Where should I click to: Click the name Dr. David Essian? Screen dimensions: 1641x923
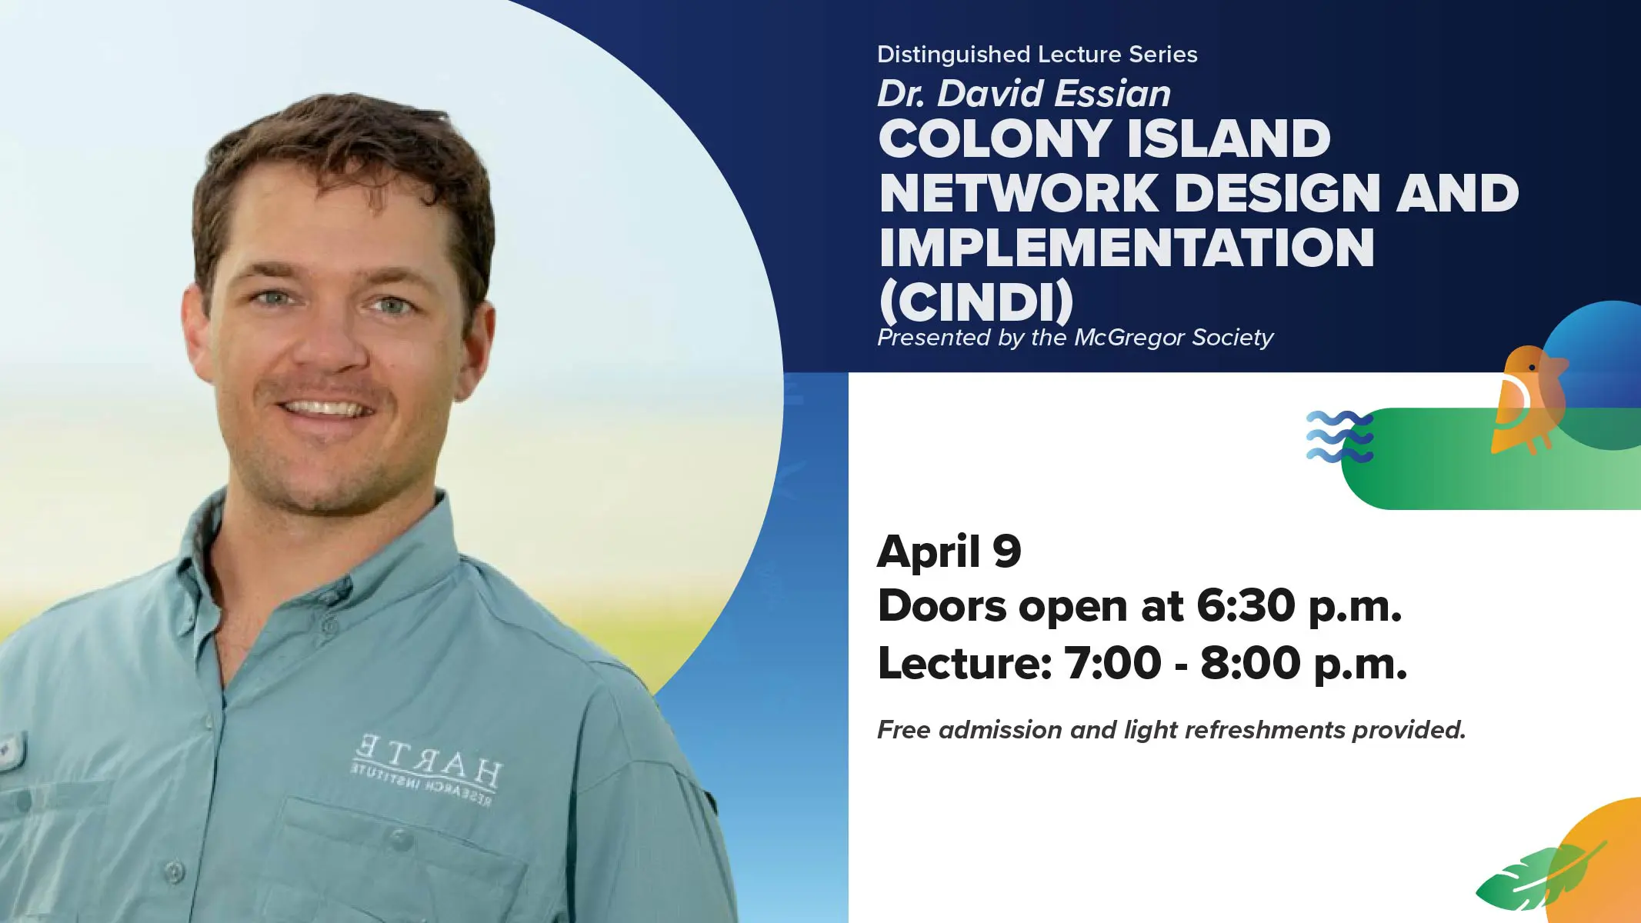1024,94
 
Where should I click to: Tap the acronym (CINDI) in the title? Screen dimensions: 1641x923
976,302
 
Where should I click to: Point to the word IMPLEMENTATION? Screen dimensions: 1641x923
1126,247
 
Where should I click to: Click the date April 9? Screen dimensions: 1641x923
949,551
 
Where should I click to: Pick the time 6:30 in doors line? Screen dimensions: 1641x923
1246,605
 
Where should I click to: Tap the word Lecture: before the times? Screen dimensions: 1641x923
965,662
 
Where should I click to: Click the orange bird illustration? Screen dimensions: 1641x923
1529,400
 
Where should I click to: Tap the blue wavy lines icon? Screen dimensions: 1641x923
1339,437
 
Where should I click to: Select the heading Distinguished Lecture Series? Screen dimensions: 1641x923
1037,55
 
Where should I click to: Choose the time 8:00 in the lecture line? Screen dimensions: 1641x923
1250,662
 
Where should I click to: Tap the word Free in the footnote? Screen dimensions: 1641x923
905,729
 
